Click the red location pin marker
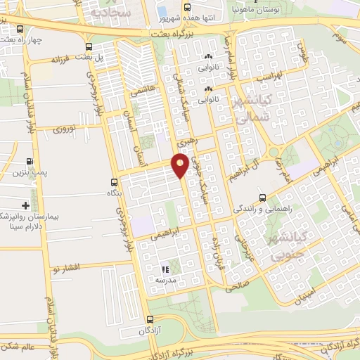(x=180, y=165)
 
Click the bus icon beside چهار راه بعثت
(x=20, y=30)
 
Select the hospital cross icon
(x=26, y=205)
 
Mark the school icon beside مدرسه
(x=165, y=269)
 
